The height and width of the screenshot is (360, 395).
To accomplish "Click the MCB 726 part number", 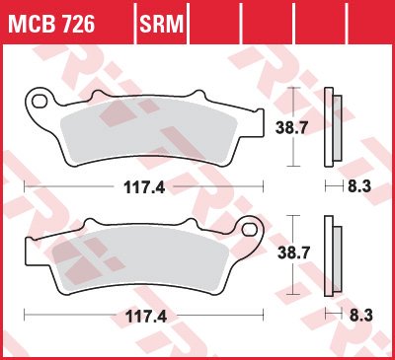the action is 51,24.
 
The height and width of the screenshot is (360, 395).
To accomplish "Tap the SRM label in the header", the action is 161,24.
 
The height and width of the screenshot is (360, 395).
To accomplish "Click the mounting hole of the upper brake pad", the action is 39,102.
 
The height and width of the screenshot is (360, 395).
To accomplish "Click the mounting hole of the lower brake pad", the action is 250,229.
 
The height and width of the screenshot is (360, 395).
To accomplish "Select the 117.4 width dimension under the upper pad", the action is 144,187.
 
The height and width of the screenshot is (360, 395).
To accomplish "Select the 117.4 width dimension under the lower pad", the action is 146,317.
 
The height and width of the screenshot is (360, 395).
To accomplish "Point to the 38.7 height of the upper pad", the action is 290,127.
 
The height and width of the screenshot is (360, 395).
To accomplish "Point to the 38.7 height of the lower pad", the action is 293,252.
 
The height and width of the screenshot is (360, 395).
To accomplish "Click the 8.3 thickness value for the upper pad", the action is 359,186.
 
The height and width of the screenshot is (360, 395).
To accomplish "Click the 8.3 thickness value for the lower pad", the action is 360,316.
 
